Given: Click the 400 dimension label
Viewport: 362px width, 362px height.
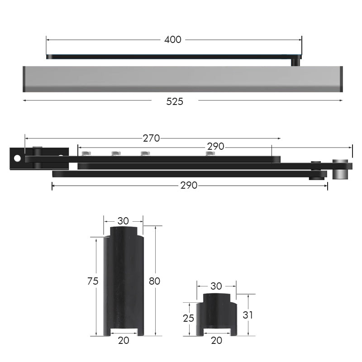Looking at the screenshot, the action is click(x=173, y=40).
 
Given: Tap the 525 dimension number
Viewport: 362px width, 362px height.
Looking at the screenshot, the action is click(x=175, y=101).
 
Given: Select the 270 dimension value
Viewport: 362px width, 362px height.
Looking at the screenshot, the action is click(x=151, y=138).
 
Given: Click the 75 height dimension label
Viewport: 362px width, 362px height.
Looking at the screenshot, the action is click(x=93, y=281).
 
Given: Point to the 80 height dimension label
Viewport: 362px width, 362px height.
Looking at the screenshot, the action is click(x=154, y=281).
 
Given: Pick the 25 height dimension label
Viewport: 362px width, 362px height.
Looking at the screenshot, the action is click(x=188, y=319).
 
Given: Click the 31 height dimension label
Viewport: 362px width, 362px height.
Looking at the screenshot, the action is click(x=248, y=315).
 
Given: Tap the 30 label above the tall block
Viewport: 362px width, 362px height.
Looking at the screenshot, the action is click(x=123, y=221).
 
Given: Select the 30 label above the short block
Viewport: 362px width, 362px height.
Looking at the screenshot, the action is click(x=216, y=286).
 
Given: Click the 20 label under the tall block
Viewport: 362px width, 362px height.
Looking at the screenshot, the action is click(x=124, y=340).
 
